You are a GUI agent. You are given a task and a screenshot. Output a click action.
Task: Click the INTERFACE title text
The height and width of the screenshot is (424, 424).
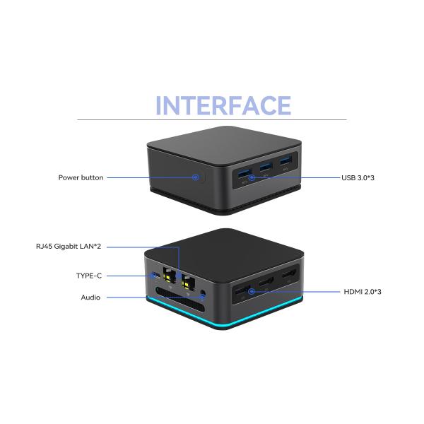click(x=223, y=105)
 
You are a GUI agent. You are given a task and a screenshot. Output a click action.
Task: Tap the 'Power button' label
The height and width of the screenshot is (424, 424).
click(x=81, y=177)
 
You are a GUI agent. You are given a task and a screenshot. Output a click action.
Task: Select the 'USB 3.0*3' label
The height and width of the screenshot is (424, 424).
click(x=358, y=177)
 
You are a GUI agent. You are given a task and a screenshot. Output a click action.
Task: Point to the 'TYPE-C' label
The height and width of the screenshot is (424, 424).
click(x=90, y=275)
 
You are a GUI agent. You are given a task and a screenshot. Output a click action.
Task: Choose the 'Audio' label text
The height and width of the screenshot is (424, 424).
click(x=90, y=298)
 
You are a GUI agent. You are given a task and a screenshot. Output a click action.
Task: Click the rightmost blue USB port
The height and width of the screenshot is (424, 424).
click(x=285, y=164)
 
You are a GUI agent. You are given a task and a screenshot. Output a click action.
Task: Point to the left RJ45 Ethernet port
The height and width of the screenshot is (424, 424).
click(x=168, y=277)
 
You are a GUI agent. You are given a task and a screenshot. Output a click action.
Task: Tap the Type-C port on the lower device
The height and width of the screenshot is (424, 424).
click(x=155, y=275)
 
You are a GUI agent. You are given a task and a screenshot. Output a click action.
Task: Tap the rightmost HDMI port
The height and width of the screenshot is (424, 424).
click(x=288, y=275)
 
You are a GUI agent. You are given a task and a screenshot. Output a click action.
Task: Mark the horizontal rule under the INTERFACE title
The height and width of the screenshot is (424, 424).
click(x=212, y=119)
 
